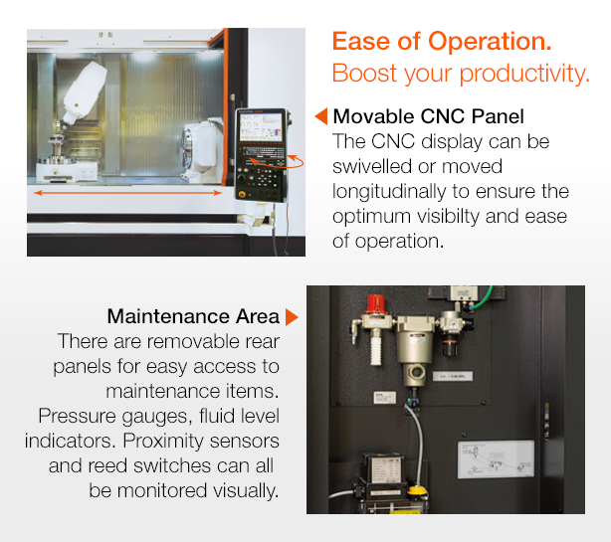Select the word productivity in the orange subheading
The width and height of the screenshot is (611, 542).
point(524,74)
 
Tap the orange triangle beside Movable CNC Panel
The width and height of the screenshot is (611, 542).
point(321,116)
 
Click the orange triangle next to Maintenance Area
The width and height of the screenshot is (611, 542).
point(292,317)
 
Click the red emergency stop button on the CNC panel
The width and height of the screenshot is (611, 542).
point(243,195)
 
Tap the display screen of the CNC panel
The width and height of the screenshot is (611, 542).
point(261,127)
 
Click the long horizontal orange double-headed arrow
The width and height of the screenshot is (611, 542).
point(127,193)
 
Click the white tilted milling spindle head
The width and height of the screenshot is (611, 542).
point(85,92)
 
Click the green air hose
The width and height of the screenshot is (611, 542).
point(481,299)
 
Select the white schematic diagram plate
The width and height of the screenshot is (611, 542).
point(496,459)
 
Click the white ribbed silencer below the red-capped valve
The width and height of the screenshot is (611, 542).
point(375,350)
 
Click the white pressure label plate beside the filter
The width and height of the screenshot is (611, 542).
point(453,376)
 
